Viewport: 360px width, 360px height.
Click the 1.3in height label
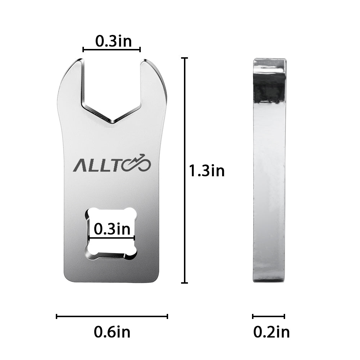206,171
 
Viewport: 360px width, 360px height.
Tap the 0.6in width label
112,332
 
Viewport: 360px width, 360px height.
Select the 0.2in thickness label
271,332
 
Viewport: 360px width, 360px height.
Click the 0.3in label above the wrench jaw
113,41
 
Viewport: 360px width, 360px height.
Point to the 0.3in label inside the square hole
112,229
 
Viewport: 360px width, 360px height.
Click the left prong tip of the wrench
80,59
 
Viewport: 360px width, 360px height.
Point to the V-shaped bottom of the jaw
112,122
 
